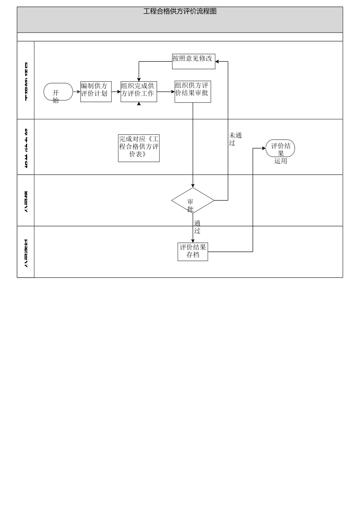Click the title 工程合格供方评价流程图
tap(180, 11)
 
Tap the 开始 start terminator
tap(58, 92)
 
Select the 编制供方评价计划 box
tap(96, 92)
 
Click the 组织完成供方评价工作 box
tap(139, 92)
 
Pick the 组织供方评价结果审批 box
tap(193, 92)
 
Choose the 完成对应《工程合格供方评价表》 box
tap(139, 148)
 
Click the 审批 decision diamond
tap(193, 201)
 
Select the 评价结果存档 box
tap(193, 252)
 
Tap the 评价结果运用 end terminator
tap(280, 148)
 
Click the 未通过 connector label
tap(235, 139)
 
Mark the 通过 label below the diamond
tap(197, 227)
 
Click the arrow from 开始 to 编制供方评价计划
tap(77, 92)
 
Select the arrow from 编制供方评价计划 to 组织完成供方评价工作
tap(116, 92)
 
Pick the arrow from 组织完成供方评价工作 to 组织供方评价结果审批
tap(166, 92)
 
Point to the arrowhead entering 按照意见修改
tap(217, 61)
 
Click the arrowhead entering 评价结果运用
tap(264, 148)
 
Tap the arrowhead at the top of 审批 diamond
tap(193, 186)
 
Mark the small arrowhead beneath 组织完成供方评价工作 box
tap(139, 104)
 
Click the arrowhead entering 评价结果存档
tap(193, 241)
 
